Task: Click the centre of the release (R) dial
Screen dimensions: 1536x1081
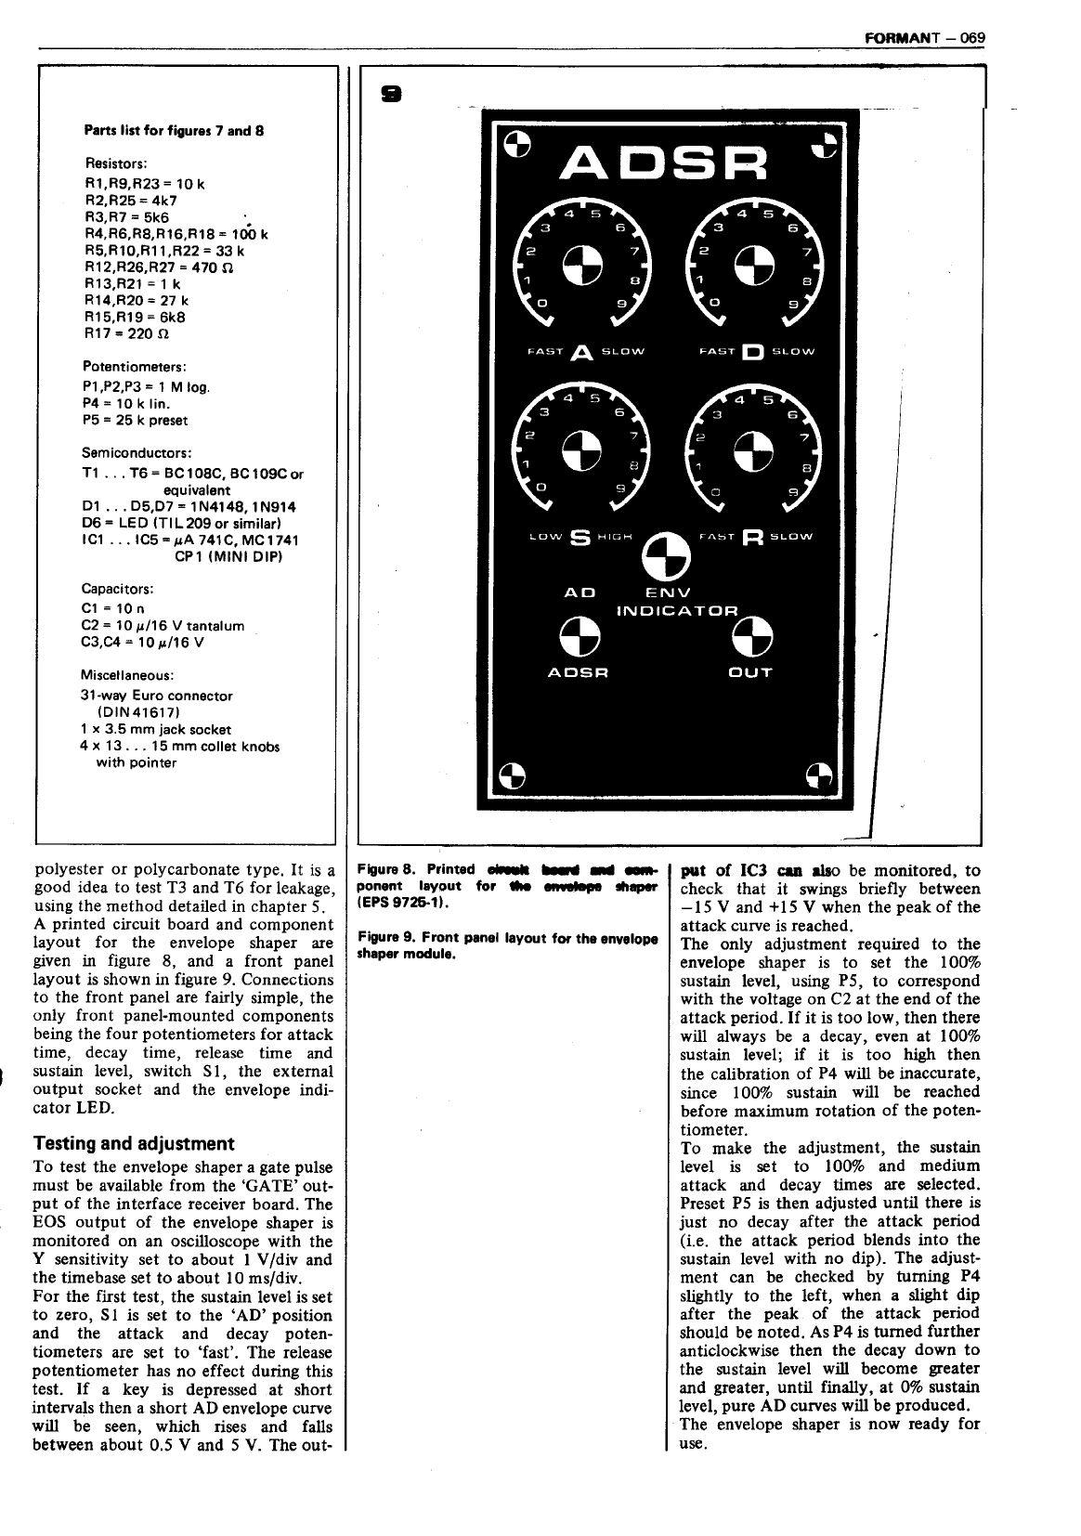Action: point(752,449)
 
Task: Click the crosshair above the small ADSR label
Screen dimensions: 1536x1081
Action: point(578,634)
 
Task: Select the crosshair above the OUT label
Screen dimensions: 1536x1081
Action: point(750,634)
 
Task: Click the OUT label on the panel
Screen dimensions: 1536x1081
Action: point(750,672)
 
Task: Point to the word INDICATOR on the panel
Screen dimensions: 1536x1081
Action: point(678,611)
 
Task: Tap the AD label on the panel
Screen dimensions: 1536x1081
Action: point(580,592)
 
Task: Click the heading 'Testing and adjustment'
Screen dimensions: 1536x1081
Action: point(134,1143)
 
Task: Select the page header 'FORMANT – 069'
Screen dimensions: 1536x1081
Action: point(923,38)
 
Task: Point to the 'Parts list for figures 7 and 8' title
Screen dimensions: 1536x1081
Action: point(175,131)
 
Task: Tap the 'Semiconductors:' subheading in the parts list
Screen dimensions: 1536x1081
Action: point(137,453)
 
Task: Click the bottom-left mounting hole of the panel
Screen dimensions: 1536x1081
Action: point(514,775)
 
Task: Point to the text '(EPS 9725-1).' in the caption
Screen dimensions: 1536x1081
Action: point(399,903)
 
